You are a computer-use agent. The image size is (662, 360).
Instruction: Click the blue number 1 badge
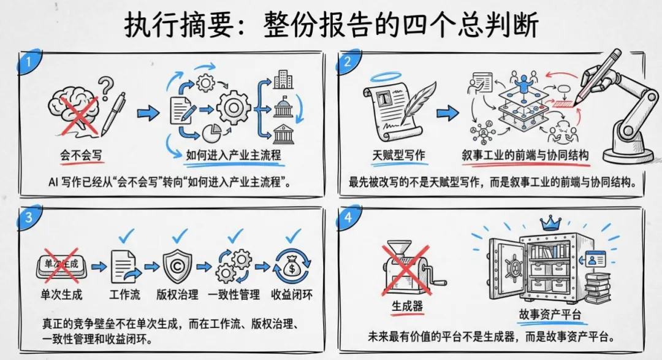coord(26,61)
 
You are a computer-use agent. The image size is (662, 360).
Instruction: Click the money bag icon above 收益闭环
coord(291,267)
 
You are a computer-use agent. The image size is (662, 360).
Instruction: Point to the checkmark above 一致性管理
coord(236,234)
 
